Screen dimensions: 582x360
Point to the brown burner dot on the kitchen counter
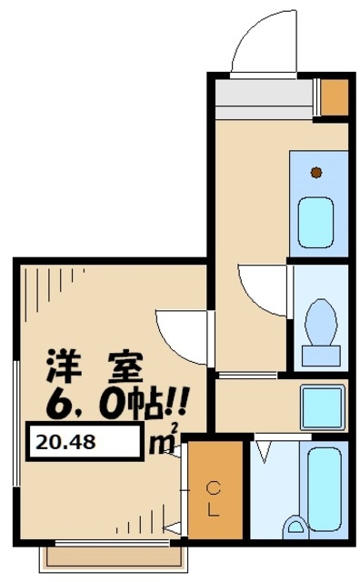pyautogui.click(x=316, y=172)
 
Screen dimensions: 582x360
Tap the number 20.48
pyautogui.click(x=67, y=443)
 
